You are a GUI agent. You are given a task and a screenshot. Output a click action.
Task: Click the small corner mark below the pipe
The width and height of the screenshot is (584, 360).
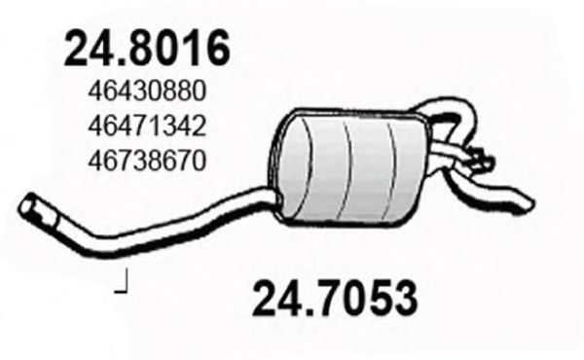pyautogui.click(x=123, y=286)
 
